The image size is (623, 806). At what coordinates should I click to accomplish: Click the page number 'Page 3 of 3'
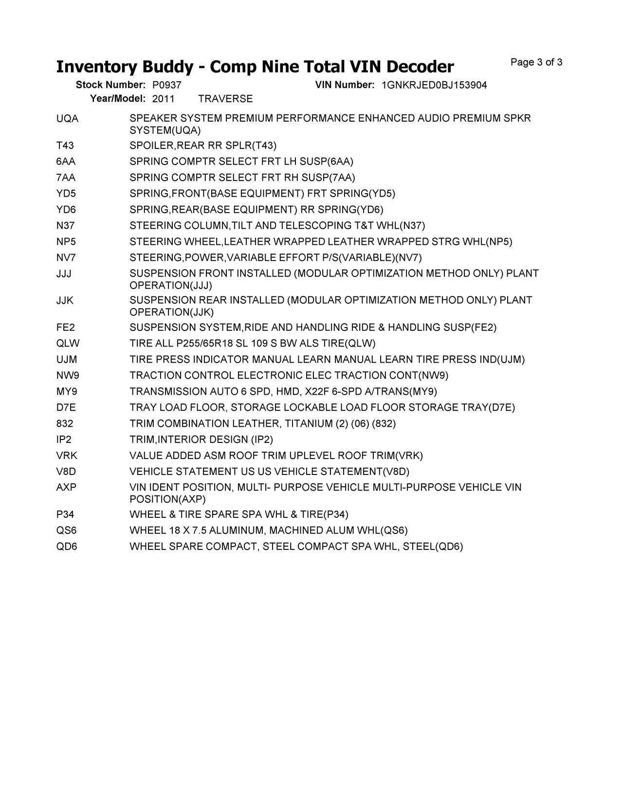click(x=536, y=62)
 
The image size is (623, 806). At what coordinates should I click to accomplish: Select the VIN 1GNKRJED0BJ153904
click(x=434, y=85)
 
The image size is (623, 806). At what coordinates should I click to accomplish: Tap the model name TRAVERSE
click(x=225, y=99)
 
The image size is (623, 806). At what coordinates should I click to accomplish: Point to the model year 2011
click(x=163, y=99)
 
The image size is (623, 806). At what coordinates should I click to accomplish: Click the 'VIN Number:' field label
click(x=345, y=85)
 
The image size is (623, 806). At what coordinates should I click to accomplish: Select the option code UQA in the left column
click(x=67, y=118)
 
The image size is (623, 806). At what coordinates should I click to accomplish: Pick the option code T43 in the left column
click(x=65, y=146)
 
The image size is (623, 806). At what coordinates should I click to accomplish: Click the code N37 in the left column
click(x=66, y=226)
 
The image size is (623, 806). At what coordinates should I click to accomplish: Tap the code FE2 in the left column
click(x=65, y=328)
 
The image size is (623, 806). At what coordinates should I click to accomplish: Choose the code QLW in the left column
click(x=68, y=344)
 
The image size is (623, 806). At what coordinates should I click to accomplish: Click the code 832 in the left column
click(x=65, y=424)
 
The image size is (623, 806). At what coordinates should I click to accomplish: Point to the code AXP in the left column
click(x=67, y=487)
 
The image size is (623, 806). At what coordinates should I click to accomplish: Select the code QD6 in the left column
click(x=67, y=547)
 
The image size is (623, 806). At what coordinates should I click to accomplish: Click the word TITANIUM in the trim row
click(x=309, y=424)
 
